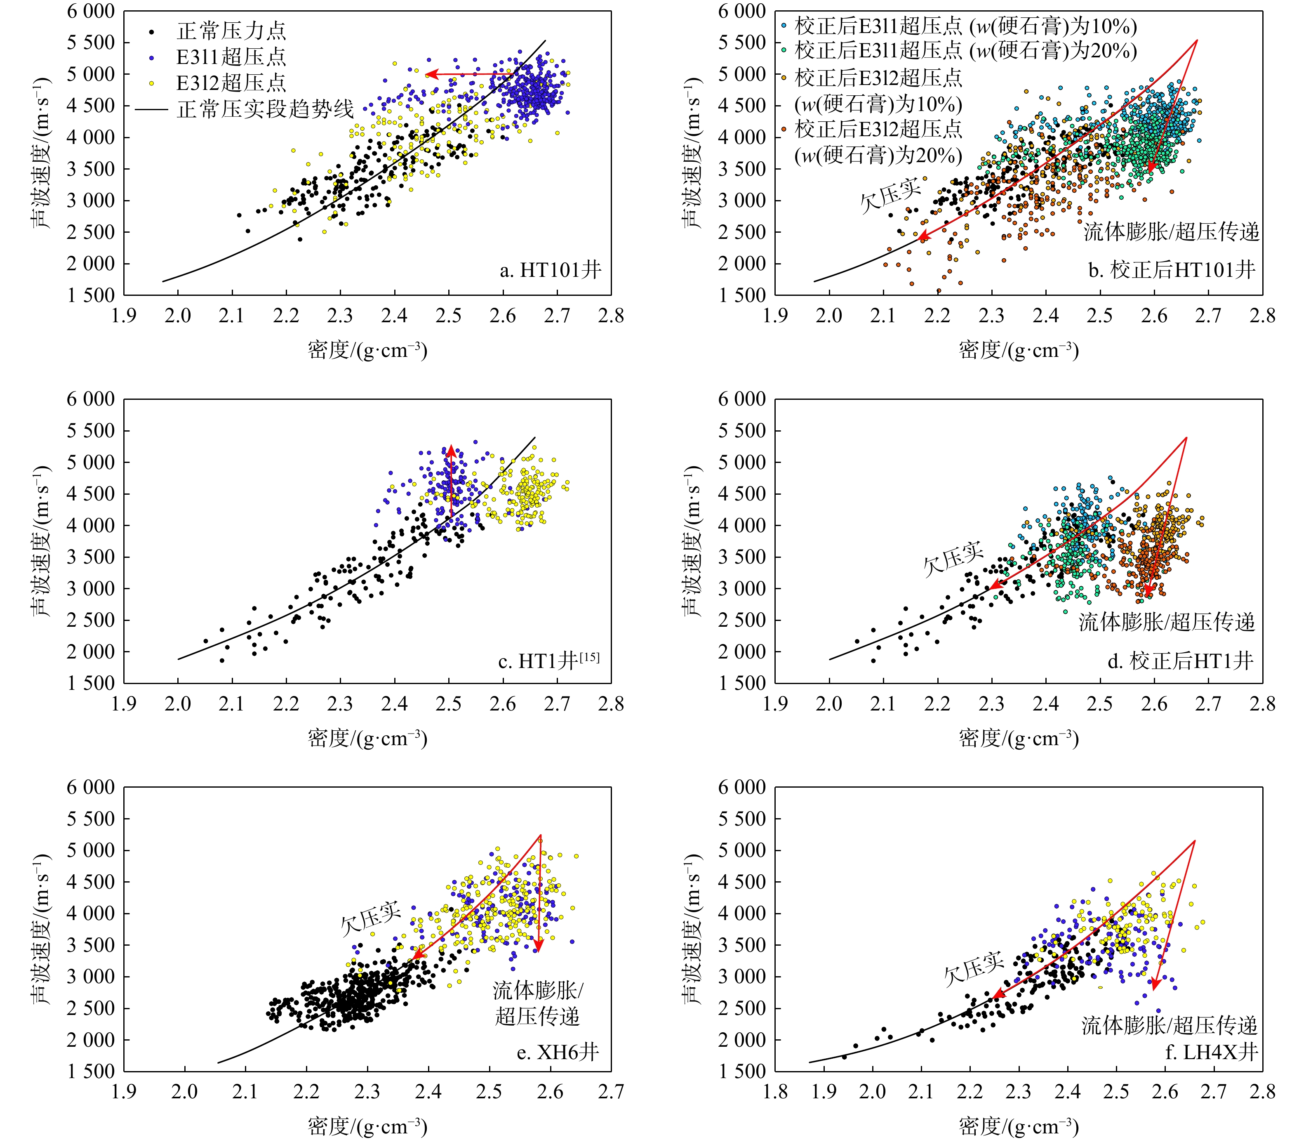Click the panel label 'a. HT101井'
(x=550, y=270)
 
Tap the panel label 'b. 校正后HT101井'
(x=1171, y=270)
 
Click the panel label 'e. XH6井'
(x=558, y=1052)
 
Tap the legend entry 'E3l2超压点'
(x=231, y=83)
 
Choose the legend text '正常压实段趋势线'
(x=265, y=109)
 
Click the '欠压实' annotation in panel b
(x=890, y=195)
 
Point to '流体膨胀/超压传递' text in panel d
(x=1167, y=622)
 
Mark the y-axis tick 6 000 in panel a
(x=91, y=12)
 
